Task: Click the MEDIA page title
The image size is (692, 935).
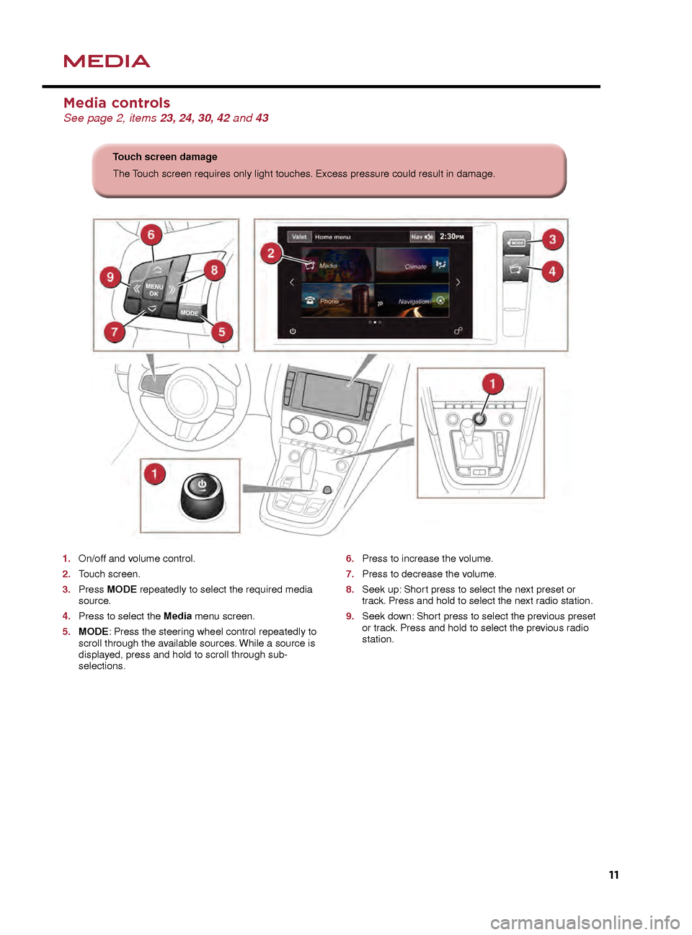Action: point(107,61)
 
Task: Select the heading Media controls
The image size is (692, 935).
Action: point(117,103)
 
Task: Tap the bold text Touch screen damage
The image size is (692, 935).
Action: point(165,157)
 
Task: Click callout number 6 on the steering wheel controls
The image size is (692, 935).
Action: point(151,234)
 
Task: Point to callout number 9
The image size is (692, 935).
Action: point(110,277)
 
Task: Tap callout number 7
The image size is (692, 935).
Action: point(114,332)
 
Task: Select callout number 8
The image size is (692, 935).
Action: point(214,270)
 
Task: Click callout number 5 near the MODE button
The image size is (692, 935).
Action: point(221,332)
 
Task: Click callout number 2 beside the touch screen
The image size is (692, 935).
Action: point(271,252)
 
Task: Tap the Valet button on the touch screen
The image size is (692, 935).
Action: point(299,236)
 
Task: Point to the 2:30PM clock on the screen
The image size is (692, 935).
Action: point(452,236)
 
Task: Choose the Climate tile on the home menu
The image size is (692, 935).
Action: point(413,265)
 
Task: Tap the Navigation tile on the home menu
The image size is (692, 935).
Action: point(413,300)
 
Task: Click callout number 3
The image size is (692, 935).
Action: point(552,239)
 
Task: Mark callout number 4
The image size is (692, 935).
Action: point(552,271)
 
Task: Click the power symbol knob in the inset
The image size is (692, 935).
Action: point(202,495)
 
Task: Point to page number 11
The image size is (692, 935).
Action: point(613,874)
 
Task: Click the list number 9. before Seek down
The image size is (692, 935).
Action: point(350,616)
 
